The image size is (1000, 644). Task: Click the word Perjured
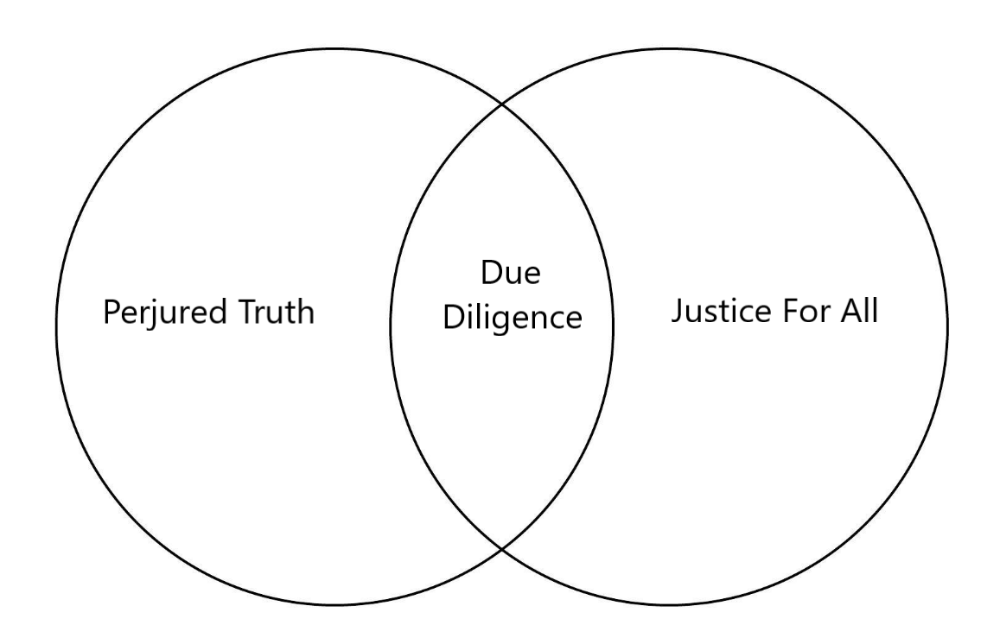(162, 313)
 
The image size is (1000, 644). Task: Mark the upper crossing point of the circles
(502, 106)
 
